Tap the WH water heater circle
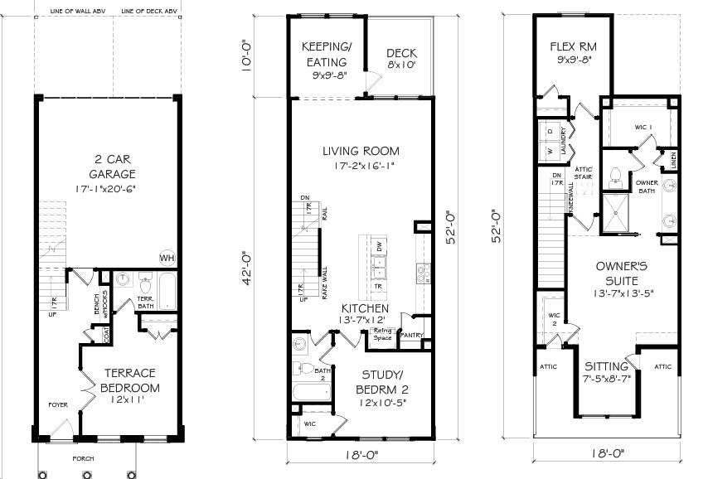(167, 256)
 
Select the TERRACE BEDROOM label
(128, 380)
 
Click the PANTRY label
(412, 336)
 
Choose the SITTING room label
(605, 366)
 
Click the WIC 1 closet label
(643, 127)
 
